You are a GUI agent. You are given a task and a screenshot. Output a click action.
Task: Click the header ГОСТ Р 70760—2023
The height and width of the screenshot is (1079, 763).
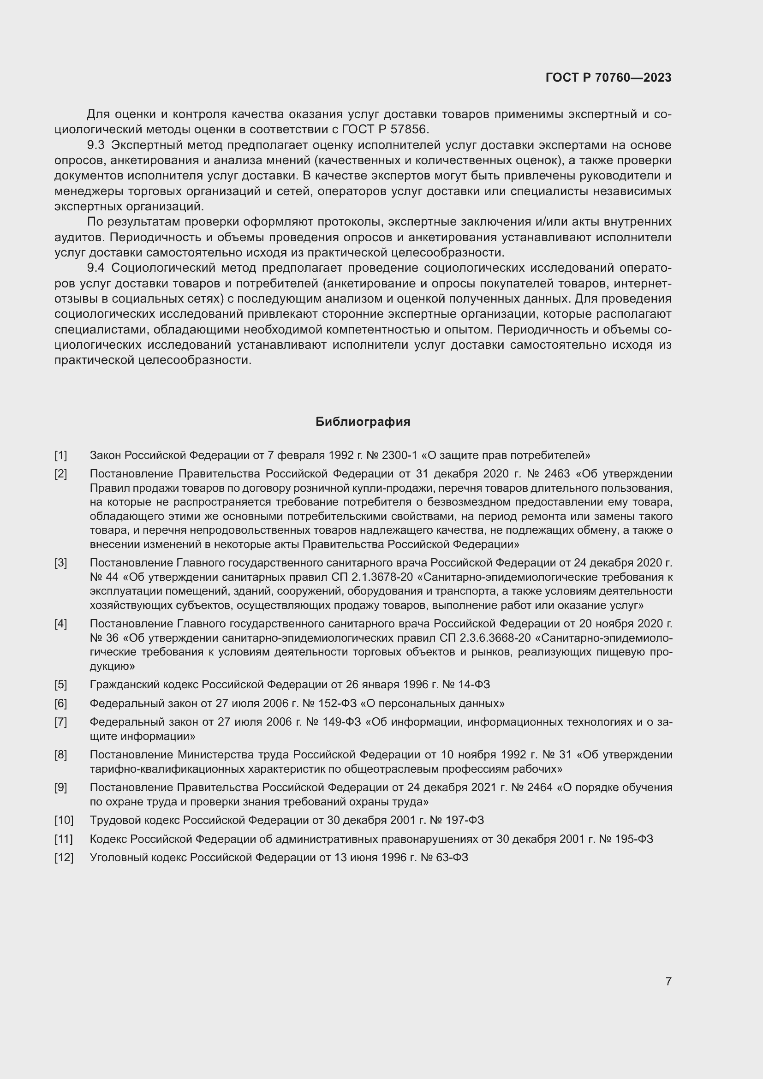click(x=608, y=77)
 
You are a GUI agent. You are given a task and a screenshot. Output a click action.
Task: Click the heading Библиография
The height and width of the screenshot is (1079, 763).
click(x=363, y=422)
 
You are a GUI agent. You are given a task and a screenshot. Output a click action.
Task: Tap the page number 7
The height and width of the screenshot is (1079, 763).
click(x=668, y=981)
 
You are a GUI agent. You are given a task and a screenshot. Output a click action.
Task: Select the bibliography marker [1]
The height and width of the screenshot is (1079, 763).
click(x=60, y=455)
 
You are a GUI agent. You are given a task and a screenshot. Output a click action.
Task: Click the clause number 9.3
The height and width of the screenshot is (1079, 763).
click(x=96, y=145)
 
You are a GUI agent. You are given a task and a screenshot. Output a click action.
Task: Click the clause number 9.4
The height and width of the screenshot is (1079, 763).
click(x=96, y=268)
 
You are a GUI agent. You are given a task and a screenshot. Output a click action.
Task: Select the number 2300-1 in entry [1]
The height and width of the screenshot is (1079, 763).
click(x=399, y=455)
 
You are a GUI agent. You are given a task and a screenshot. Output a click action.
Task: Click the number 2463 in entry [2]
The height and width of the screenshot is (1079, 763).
click(x=557, y=473)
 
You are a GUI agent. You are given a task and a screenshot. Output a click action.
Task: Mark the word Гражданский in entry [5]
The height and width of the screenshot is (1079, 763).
click(x=119, y=684)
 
